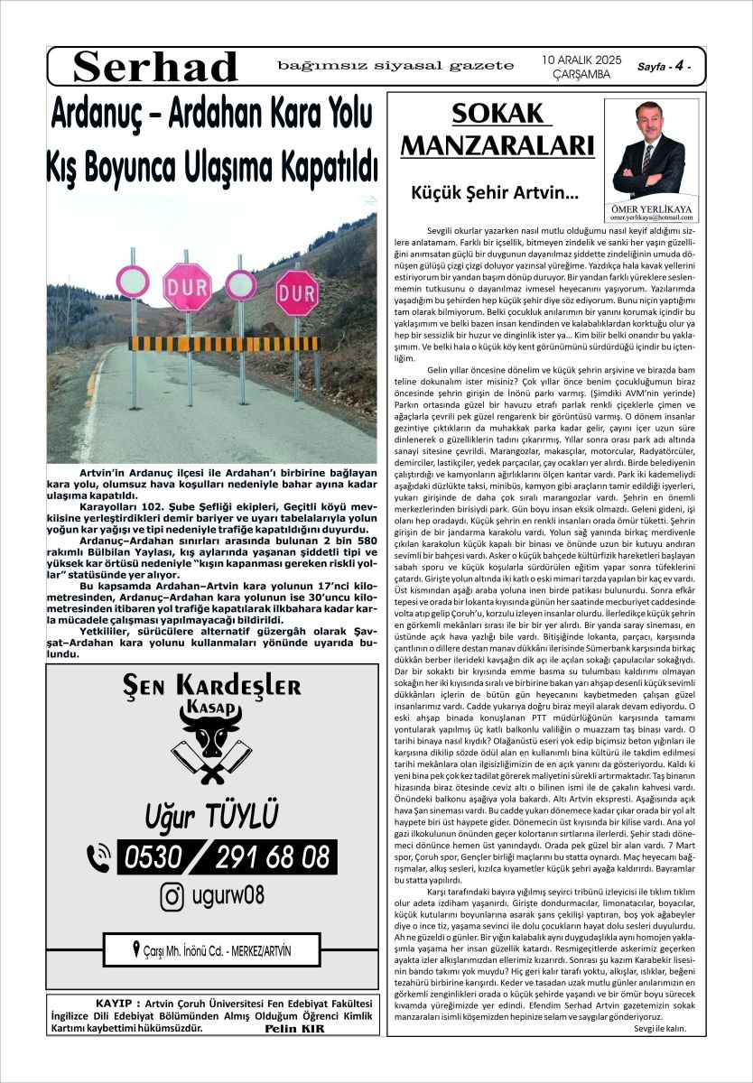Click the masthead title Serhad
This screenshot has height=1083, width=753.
click(156, 67)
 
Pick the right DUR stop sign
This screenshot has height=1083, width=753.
click(297, 292)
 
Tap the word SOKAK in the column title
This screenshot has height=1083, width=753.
click(498, 115)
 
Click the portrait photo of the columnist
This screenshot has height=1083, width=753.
click(648, 148)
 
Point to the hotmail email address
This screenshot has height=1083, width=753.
click(648, 218)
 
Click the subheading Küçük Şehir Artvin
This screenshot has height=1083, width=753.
click(495, 191)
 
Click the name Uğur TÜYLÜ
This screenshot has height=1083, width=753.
click(212, 815)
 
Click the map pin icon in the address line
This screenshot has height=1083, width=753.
click(136, 949)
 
